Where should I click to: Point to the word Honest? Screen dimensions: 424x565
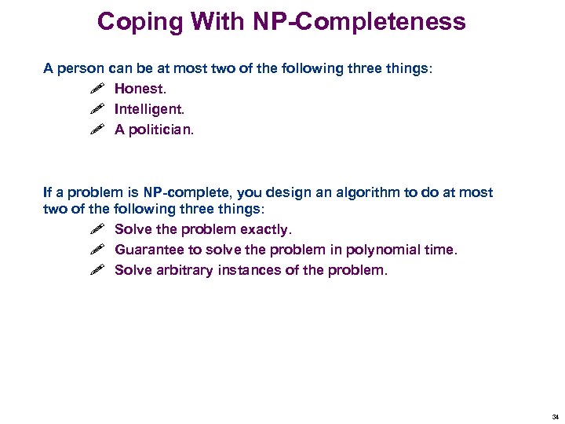pos(140,90)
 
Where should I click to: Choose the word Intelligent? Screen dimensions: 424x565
pos(149,110)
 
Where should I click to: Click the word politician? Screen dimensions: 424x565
pos(160,130)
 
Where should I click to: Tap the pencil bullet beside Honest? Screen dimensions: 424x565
pos(97,90)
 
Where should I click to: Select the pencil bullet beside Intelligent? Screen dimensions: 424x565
pos(97,110)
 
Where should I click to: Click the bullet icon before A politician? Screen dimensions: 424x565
pos(97,130)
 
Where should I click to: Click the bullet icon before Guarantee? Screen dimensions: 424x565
pos(97,250)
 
